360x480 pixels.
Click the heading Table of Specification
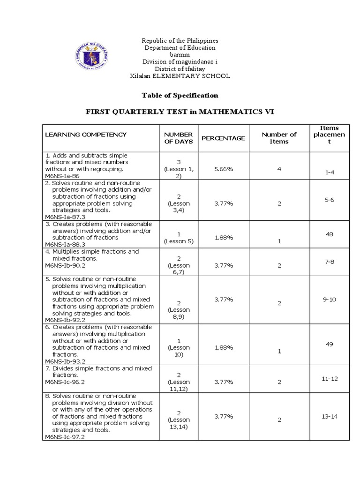point(180,95)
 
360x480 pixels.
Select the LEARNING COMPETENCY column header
point(86,135)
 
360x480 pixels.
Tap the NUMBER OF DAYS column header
point(179,138)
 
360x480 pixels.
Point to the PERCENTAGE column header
point(223,138)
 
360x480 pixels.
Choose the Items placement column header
point(329,135)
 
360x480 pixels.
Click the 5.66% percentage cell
point(223,169)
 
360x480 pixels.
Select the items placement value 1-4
point(329,172)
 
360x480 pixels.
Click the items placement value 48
point(329,234)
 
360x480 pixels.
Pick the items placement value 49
point(329,344)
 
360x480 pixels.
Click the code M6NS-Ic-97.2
point(65,437)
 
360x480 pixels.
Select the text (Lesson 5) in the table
point(179,241)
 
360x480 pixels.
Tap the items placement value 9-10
point(329,299)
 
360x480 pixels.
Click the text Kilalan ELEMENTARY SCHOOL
point(180,76)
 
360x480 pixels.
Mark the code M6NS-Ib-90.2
point(65,265)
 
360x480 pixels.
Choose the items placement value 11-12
point(330,378)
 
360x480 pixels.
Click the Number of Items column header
point(279,138)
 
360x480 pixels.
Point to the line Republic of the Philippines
point(180,41)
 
